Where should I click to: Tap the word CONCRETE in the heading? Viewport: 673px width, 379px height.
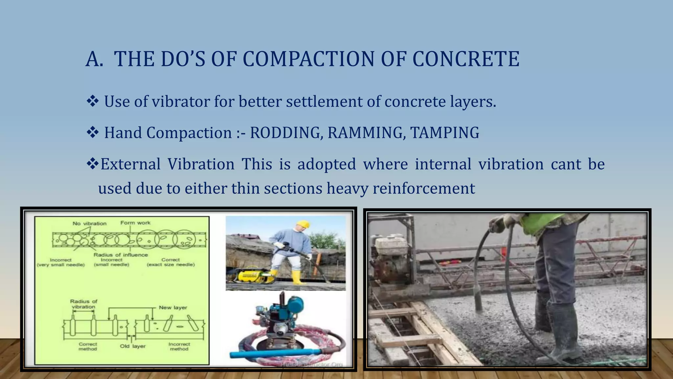(466, 59)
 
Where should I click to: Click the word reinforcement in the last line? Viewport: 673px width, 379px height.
(424, 189)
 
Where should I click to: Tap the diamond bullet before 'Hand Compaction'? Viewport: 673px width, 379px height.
(93, 133)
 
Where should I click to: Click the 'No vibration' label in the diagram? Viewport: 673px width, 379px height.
(89, 224)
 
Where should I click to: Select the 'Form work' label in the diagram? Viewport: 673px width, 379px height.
(135, 223)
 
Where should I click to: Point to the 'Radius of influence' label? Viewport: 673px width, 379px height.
(121, 255)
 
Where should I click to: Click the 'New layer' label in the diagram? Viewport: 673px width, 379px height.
(173, 308)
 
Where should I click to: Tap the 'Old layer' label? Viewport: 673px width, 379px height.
(132, 346)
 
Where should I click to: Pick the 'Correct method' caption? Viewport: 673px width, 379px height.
(88, 346)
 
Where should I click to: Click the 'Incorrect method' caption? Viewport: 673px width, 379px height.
(179, 346)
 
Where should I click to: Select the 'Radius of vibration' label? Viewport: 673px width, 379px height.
(83, 304)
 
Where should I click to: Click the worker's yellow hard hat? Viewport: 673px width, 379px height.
(303, 224)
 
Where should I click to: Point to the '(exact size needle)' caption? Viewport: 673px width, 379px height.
(171, 265)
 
